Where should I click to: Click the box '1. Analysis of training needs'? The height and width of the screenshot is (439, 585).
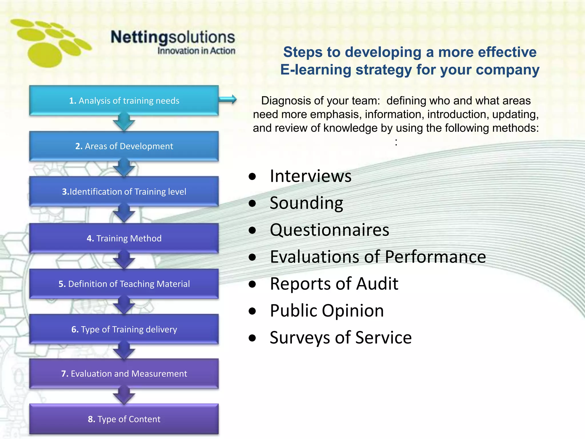(x=124, y=100)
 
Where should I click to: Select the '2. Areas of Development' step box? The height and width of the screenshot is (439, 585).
(x=124, y=146)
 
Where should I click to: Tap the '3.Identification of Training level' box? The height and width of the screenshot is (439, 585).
(x=124, y=191)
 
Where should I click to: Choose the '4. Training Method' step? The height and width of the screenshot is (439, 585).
(x=124, y=238)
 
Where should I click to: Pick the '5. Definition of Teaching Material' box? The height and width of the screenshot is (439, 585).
(x=124, y=284)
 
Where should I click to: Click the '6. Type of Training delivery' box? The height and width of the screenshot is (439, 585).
(x=124, y=329)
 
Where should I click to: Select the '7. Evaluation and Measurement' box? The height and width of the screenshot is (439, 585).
(x=124, y=374)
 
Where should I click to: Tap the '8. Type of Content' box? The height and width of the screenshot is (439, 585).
(x=124, y=419)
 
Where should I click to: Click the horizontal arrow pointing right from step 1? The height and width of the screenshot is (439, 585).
(x=228, y=99)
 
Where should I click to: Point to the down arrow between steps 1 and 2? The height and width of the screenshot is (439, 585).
(x=124, y=122)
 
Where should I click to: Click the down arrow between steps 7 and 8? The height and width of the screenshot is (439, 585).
(x=124, y=396)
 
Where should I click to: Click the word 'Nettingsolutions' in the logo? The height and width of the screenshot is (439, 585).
(x=173, y=37)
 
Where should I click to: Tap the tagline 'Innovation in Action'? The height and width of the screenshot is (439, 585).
(x=196, y=51)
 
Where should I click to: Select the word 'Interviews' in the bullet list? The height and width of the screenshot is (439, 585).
(x=310, y=176)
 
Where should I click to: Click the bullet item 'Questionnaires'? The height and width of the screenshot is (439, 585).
(x=329, y=230)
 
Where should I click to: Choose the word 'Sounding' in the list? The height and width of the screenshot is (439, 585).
(x=306, y=203)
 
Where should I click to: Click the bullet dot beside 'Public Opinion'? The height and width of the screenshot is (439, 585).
(x=252, y=311)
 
